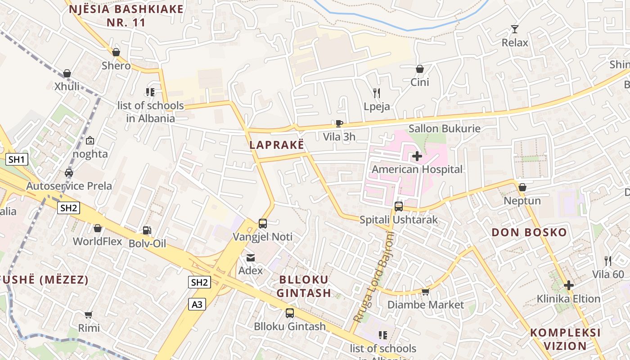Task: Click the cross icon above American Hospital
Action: pyautogui.click(x=417, y=157)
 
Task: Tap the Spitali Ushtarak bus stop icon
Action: pyautogui.click(x=398, y=207)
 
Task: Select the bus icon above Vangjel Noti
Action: pyautogui.click(x=263, y=224)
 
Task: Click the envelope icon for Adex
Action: pyautogui.click(x=250, y=257)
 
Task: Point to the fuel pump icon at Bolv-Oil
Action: pyautogui.click(x=147, y=230)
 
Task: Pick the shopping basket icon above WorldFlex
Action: pyautogui.click(x=98, y=228)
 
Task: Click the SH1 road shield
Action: pyautogui.click(x=18, y=159)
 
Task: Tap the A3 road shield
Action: pyautogui.click(x=197, y=305)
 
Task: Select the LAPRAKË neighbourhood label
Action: pyautogui.click(x=277, y=145)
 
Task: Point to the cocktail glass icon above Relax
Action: pyautogui.click(x=515, y=29)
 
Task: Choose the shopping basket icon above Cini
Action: pyautogui.click(x=419, y=69)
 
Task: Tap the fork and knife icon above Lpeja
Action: pyautogui.click(x=377, y=93)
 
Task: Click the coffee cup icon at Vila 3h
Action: pyautogui.click(x=339, y=123)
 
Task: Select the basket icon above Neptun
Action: pyautogui.click(x=522, y=187)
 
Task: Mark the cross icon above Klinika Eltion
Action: pyautogui.click(x=569, y=285)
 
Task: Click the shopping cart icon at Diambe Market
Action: pyautogui.click(x=425, y=292)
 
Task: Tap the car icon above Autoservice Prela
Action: pyautogui.click(x=69, y=172)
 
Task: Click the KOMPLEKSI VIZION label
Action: pyautogui.click(x=565, y=339)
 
